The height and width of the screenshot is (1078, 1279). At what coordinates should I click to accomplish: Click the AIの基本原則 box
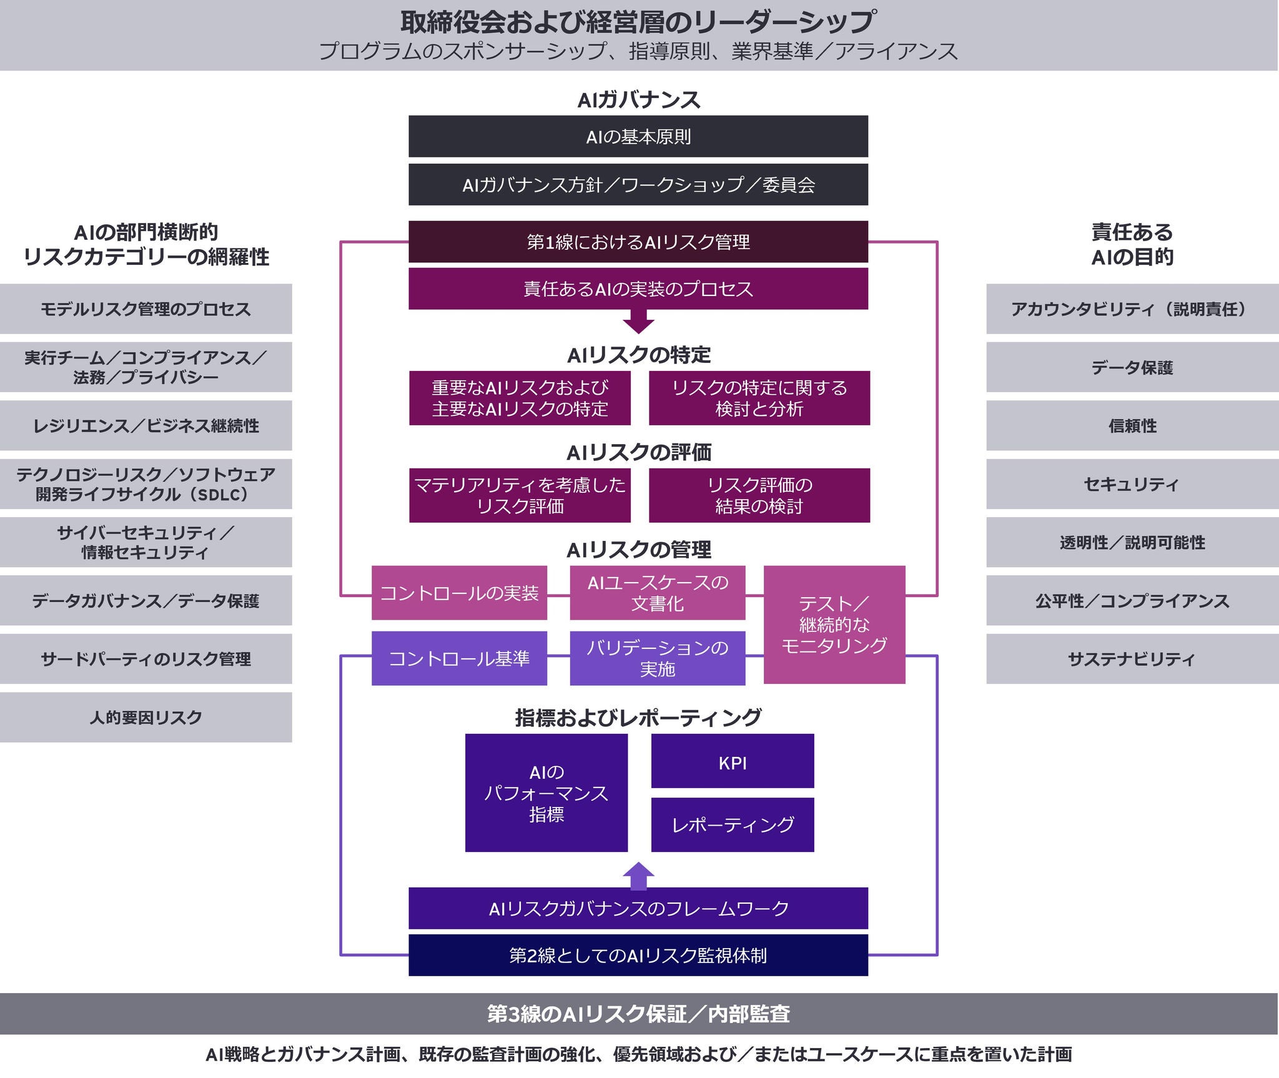(638, 136)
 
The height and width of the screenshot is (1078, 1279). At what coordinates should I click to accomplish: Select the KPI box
(733, 761)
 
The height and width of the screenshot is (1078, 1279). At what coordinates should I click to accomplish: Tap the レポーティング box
(733, 824)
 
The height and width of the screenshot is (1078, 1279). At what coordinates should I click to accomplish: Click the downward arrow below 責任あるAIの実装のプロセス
(638, 324)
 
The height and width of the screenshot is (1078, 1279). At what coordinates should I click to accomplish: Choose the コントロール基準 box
(459, 658)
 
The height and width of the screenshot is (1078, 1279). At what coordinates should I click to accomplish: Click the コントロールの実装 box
(459, 593)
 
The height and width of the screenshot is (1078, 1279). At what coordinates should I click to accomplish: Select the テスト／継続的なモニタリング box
(834, 624)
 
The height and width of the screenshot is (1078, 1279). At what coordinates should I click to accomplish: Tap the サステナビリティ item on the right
(1132, 658)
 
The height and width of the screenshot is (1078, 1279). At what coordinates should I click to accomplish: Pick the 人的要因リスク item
(146, 717)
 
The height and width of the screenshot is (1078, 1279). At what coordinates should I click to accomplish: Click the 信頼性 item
(1132, 425)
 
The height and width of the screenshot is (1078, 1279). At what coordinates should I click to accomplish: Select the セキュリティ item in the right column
(1132, 484)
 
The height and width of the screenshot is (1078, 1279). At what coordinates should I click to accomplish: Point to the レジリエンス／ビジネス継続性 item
(146, 425)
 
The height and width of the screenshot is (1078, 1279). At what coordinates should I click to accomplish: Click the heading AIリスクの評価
(638, 452)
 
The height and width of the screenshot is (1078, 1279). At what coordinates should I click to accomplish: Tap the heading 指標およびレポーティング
(638, 718)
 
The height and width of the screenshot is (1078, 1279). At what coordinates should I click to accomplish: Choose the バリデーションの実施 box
(658, 658)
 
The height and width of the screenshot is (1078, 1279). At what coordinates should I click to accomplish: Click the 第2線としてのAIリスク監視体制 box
(638, 955)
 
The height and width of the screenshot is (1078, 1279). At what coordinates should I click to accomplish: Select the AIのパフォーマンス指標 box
(546, 793)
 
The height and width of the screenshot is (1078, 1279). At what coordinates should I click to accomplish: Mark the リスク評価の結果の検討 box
(759, 495)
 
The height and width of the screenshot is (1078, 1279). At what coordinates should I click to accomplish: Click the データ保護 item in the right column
(1132, 367)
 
